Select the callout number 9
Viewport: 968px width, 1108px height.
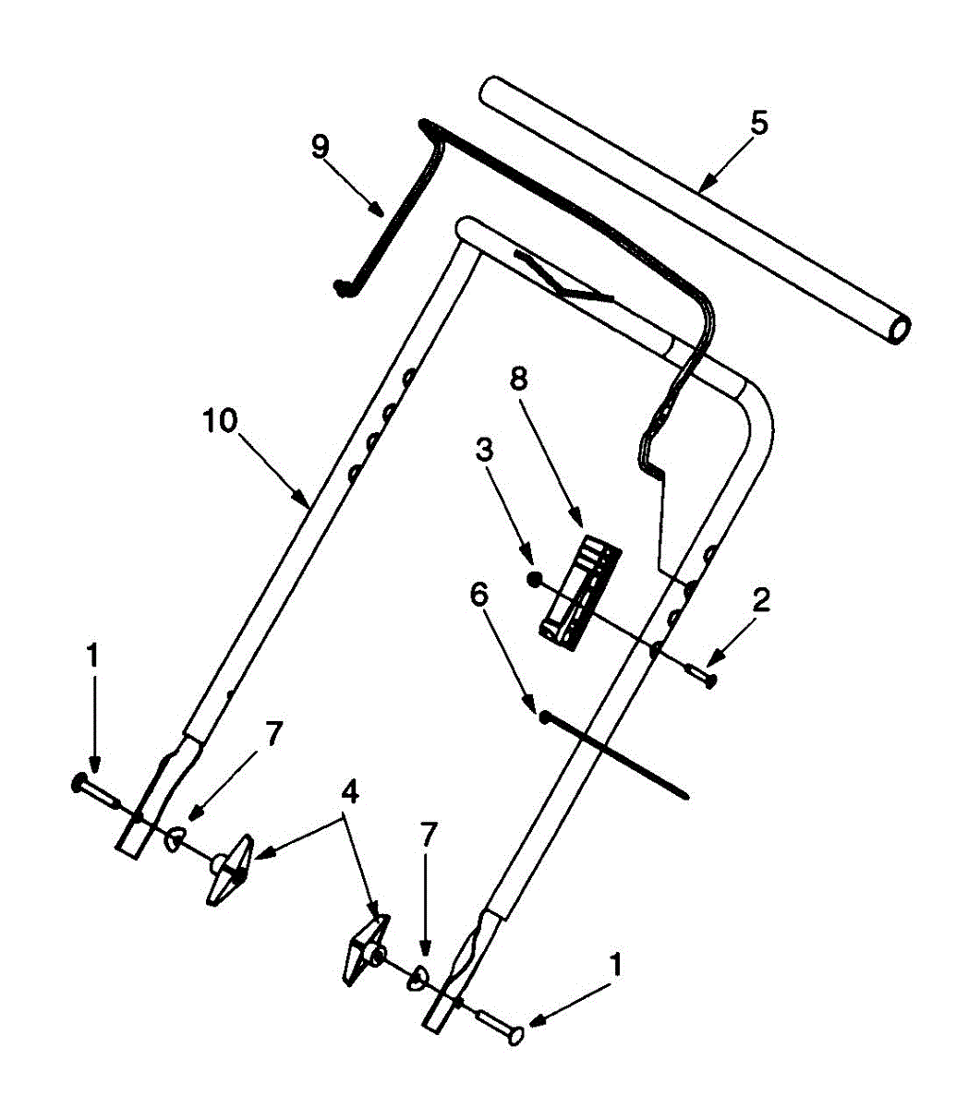click(x=320, y=148)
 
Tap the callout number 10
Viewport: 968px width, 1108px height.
click(x=221, y=420)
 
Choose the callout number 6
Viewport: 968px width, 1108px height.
click(x=478, y=596)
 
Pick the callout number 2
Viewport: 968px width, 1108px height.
click(x=761, y=601)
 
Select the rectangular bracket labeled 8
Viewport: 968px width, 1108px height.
click(x=580, y=589)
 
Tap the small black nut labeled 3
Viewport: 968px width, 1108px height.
click(x=534, y=579)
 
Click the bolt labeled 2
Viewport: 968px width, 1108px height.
click(x=704, y=677)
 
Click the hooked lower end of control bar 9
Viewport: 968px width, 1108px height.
click(x=344, y=287)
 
